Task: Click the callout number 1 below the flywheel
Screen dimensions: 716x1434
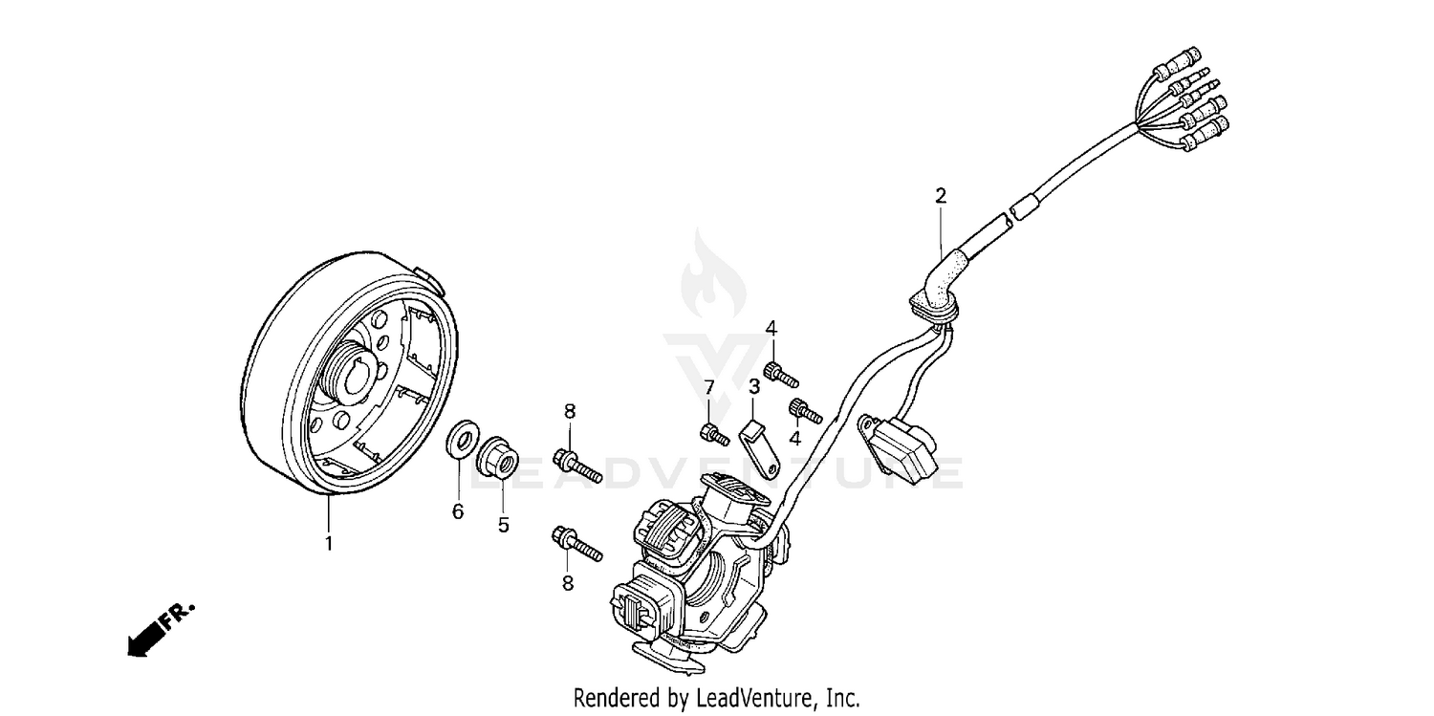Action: point(329,544)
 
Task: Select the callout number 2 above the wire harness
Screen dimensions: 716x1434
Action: point(941,196)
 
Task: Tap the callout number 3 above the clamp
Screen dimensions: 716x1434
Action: point(754,386)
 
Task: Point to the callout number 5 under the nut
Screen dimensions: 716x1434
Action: point(503,524)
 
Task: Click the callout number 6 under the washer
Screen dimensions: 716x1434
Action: point(458,512)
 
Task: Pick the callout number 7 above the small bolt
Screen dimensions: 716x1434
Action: point(709,386)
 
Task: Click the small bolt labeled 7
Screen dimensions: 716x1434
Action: point(715,433)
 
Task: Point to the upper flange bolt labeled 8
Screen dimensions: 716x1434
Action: point(576,464)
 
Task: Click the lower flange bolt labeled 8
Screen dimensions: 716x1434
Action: point(576,544)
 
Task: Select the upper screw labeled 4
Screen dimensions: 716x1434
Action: point(779,373)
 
